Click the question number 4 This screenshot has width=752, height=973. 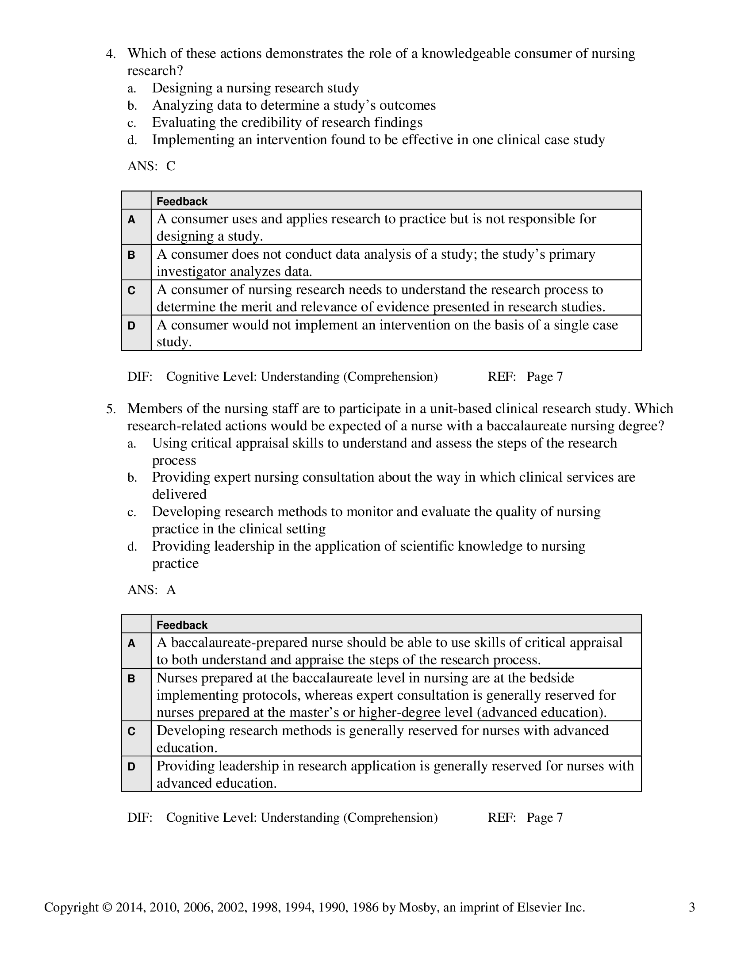(x=110, y=54)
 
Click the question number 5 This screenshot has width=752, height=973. (x=110, y=409)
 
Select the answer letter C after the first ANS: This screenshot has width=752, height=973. (x=171, y=166)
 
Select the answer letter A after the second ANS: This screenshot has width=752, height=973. (x=171, y=590)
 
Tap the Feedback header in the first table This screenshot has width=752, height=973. (x=182, y=201)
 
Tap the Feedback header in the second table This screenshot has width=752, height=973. (x=182, y=625)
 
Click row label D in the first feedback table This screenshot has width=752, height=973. (x=131, y=326)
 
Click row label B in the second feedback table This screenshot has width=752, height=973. (x=131, y=678)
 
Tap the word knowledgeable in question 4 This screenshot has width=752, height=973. (x=466, y=54)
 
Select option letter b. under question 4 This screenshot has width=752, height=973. (x=132, y=106)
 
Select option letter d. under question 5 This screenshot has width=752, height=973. (x=132, y=547)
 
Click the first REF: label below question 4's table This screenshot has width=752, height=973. (x=502, y=377)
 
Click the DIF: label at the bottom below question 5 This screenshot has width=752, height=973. (x=140, y=817)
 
